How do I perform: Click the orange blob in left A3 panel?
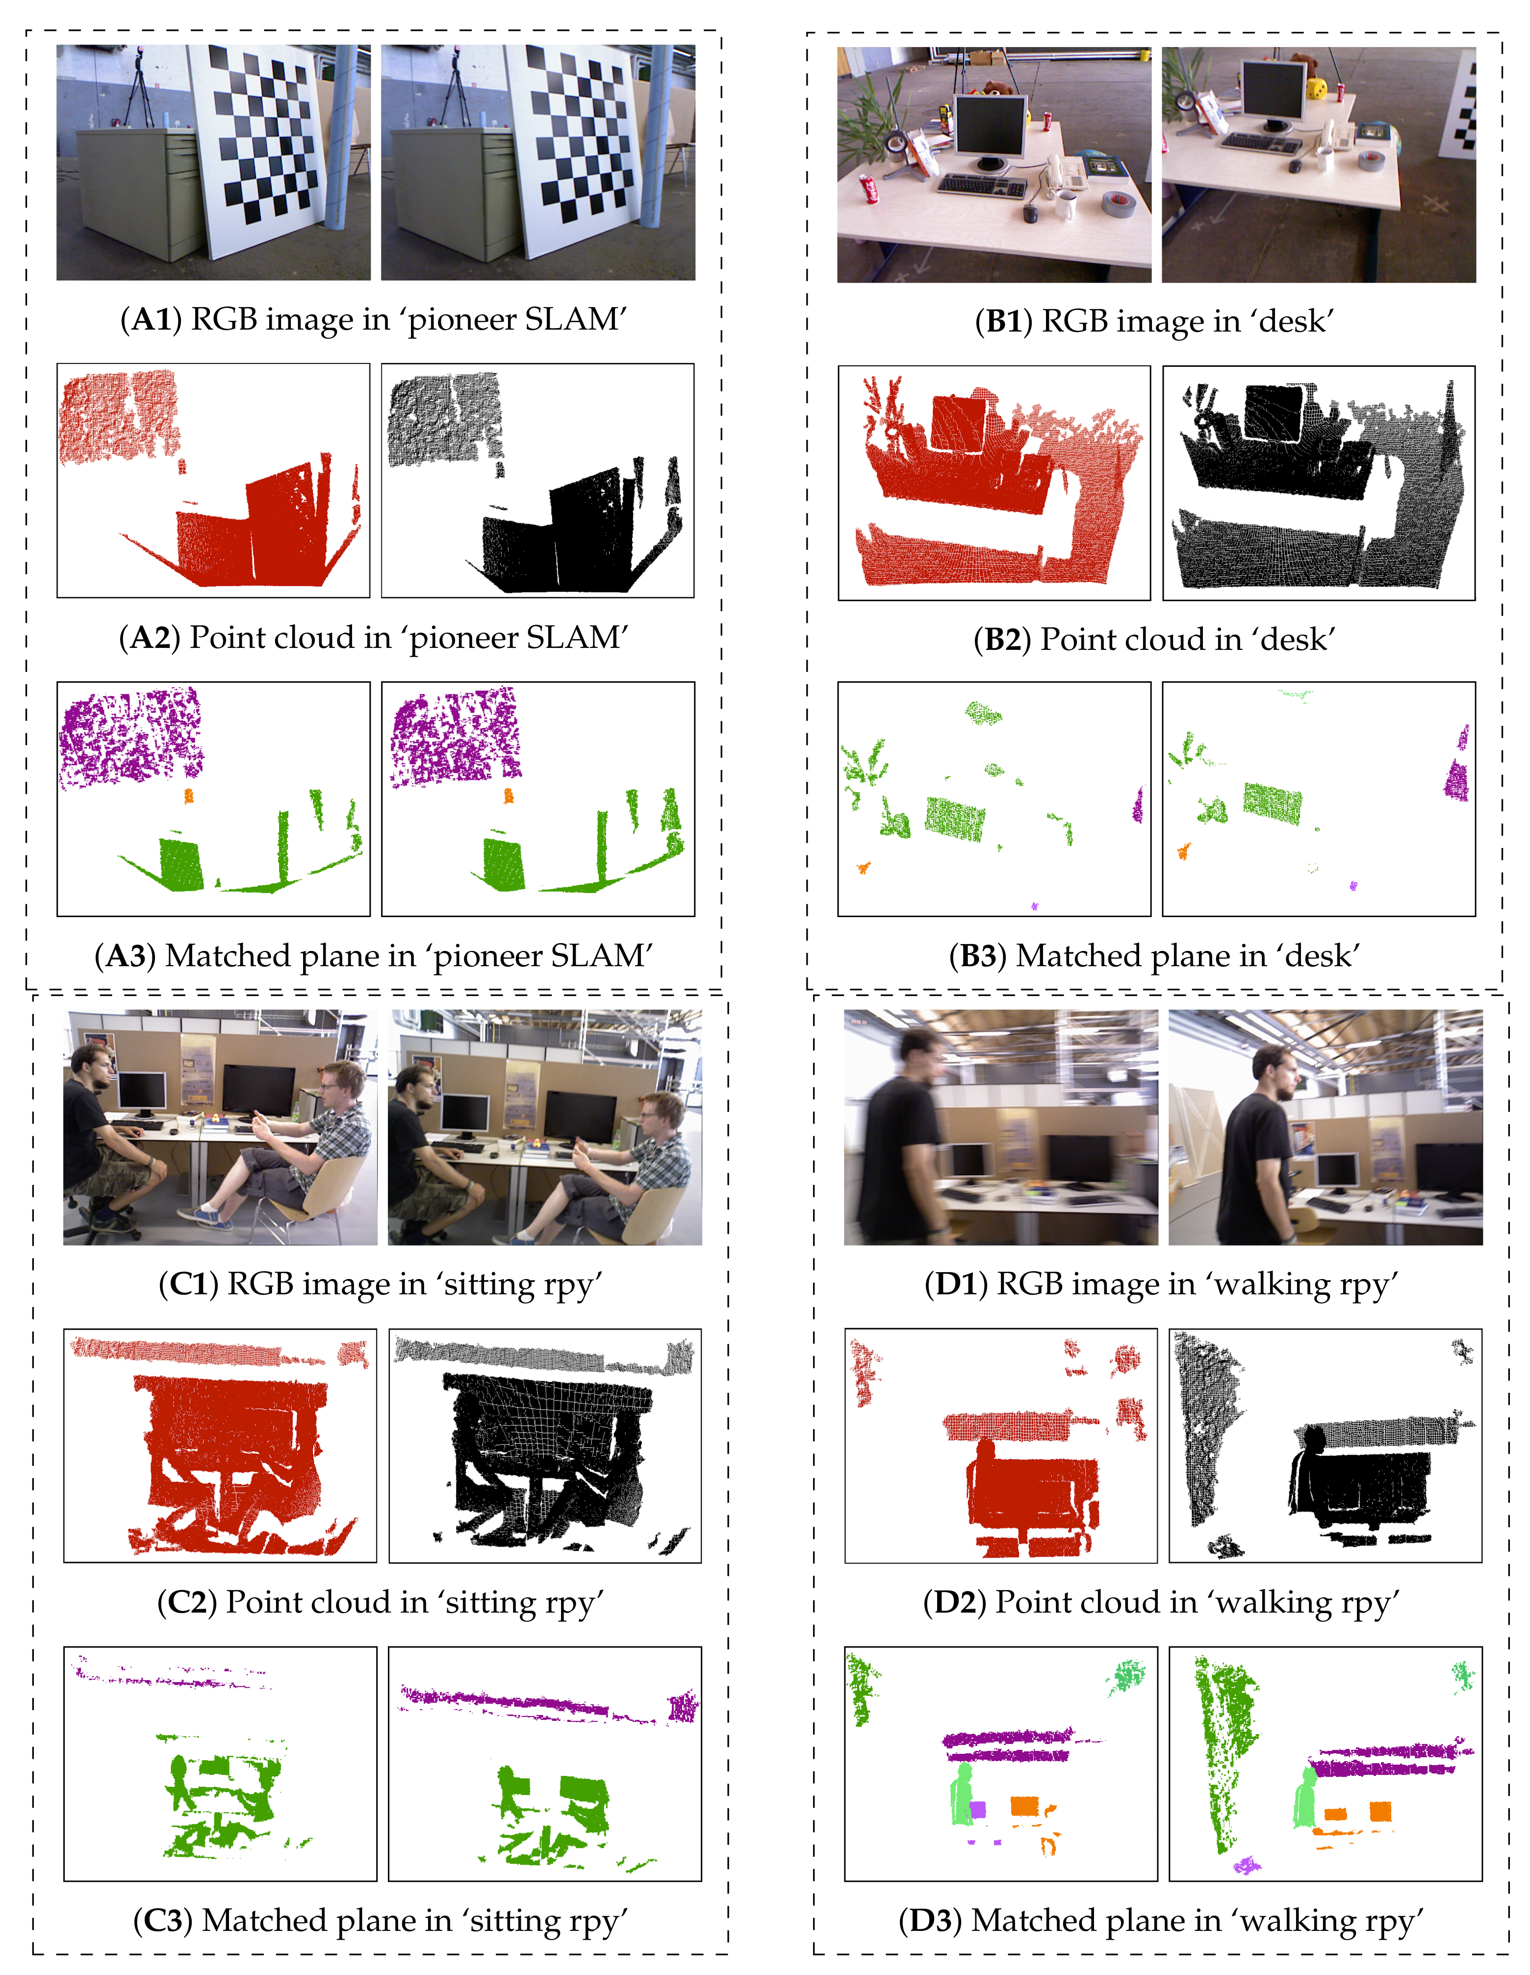[x=188, y=796]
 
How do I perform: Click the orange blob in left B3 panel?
[x=864, y=868]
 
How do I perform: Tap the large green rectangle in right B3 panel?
[x=1272, y=802]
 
